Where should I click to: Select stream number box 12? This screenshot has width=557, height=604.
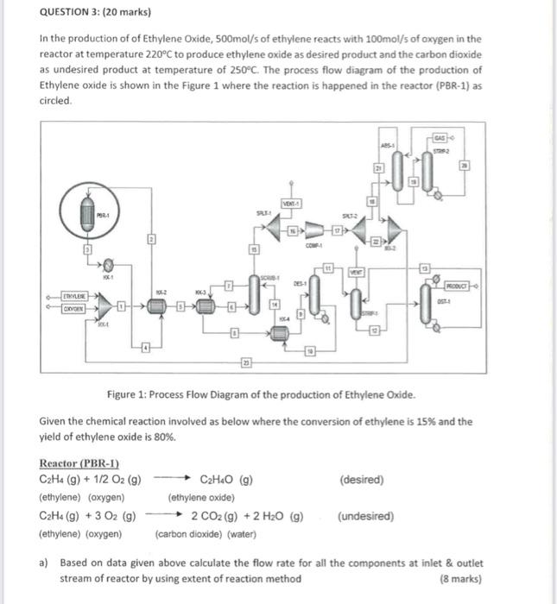(374, 331)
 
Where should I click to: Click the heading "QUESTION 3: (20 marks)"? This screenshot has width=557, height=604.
(94, 13)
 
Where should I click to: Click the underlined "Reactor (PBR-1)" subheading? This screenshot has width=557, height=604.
(79, 463)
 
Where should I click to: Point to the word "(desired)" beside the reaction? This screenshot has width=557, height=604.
(362, 480)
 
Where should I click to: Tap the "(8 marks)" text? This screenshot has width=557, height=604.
(460, 578)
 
